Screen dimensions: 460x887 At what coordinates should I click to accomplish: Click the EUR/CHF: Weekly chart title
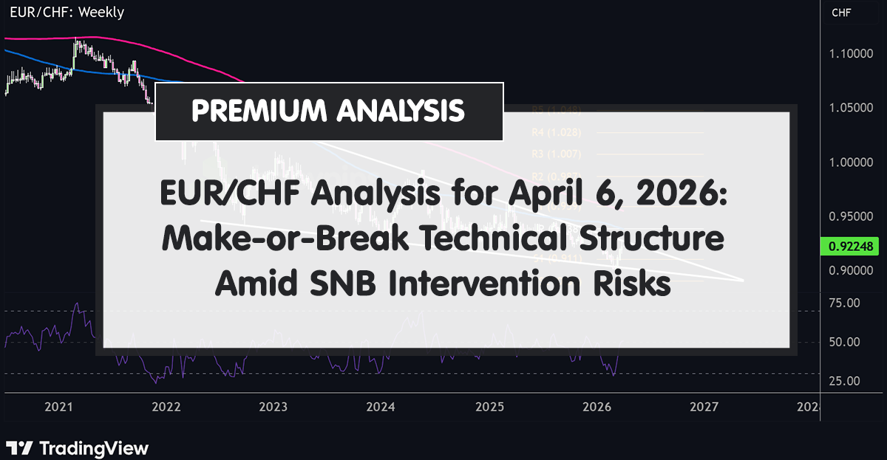tap(62, 13)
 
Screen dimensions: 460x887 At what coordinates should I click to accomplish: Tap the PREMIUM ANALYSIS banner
tap(328, 111)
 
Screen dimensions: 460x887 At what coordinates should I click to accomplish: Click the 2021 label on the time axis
tap(58, 407)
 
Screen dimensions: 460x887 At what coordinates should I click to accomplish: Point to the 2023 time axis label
tap(273, 407)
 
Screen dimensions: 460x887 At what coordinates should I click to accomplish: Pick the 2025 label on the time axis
tap(489, 407)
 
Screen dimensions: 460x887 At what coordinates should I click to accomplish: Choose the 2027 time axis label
tap(704, 407)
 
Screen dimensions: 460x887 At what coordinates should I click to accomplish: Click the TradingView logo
tap(78, 447)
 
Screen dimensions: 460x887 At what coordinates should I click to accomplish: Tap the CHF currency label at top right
tap(841, 13)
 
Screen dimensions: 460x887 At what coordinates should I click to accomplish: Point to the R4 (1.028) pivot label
tap(546, 132)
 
